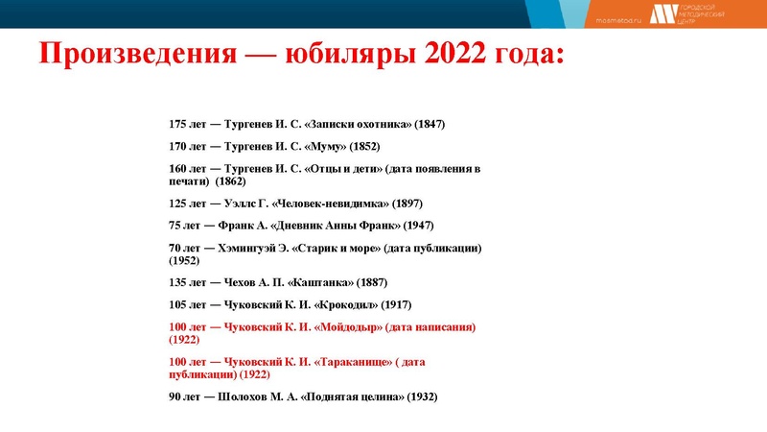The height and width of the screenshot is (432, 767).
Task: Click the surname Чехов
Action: [x=240, y=283]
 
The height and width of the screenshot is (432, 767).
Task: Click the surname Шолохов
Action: [x=247, y=397]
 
